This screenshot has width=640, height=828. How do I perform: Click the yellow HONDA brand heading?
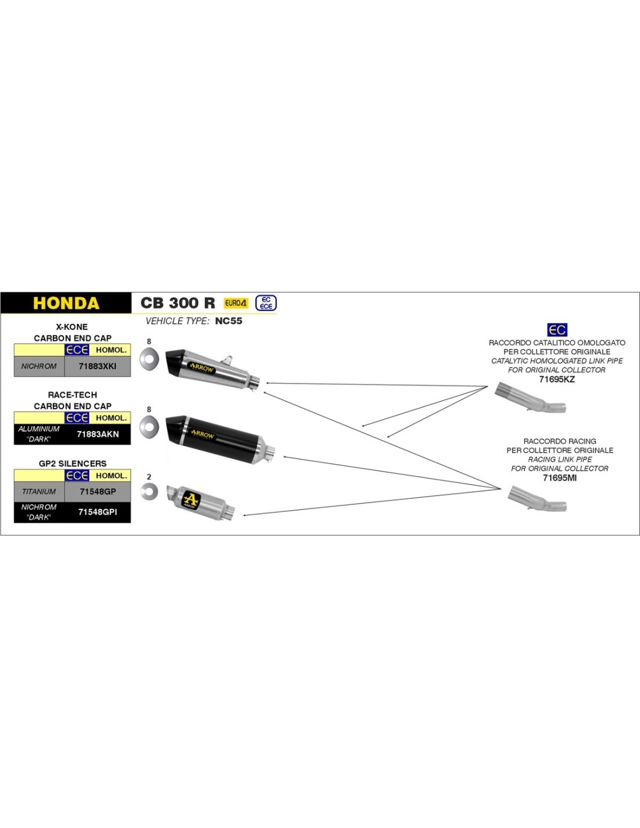pos(66,303)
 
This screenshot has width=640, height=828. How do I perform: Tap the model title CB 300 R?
pos(177,303)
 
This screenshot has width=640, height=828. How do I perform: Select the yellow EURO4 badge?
pos(236,303)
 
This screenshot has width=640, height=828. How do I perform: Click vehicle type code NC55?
pos(228,321)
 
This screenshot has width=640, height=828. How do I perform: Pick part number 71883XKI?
pos(97,366)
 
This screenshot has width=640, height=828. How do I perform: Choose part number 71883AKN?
pos(97,434)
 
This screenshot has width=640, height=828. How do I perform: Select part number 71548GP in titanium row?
pos(97,491)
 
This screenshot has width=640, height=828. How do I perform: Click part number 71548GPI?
pos(97,512)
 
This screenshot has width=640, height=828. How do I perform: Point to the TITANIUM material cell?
pos(39,491)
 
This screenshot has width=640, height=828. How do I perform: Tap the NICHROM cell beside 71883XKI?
pos(39,366)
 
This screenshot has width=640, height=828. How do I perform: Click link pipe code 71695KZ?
pos(556,379)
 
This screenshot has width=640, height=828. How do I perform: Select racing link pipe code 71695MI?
pos(559,477)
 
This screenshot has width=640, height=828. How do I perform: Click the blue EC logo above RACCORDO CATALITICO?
pos(557,330)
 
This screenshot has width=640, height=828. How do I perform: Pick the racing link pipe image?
pos(536,500)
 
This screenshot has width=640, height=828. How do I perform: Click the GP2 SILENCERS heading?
pos(73,463)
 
